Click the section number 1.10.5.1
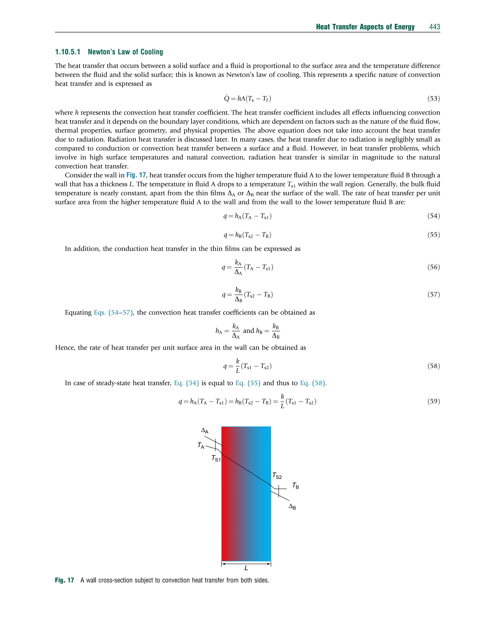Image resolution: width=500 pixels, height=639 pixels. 68,52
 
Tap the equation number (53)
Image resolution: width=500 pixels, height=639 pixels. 434,99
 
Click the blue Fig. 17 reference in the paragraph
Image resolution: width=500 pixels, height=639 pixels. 136,175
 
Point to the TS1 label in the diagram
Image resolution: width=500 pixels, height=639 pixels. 216,458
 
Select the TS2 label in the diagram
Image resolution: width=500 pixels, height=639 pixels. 277,476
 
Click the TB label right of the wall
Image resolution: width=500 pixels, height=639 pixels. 296,486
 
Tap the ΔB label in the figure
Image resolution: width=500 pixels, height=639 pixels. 292,506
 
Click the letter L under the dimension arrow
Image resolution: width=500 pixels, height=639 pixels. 246,568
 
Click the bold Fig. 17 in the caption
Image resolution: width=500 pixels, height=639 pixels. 64,580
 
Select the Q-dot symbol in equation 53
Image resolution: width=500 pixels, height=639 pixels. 227,98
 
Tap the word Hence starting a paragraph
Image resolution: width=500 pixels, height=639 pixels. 65,347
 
